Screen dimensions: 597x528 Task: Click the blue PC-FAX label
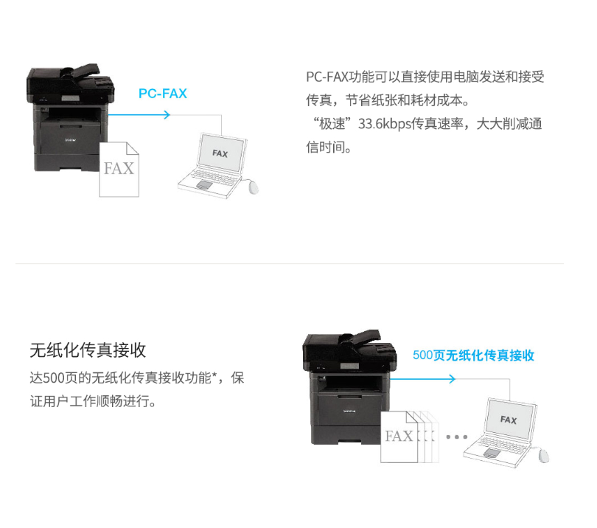point(163,94)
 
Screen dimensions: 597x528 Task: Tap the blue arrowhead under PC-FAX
point(167,114)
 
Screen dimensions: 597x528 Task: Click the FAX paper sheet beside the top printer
point(119,170)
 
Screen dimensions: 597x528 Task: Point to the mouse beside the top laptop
point(252,187)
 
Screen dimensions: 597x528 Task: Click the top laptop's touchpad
point(204,185)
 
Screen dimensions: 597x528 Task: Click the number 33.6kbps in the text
point(385,124)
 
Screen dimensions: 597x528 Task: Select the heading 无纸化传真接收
point(88,350)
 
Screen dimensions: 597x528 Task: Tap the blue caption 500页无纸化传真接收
point(473,355)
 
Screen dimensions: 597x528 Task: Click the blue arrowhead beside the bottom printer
point(452,378)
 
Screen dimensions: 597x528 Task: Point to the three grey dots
point(456,437)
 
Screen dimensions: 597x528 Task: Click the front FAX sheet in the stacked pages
point(399,437)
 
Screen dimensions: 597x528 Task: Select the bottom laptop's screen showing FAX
point(510,419)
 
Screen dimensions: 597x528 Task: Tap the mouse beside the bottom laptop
point(543,456)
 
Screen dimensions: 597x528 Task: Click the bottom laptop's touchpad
point(492,453)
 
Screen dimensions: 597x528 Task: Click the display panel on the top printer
point(71,98)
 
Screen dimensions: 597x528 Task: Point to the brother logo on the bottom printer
point(349,411)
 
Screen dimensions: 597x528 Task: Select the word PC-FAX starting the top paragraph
point(327,77)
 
